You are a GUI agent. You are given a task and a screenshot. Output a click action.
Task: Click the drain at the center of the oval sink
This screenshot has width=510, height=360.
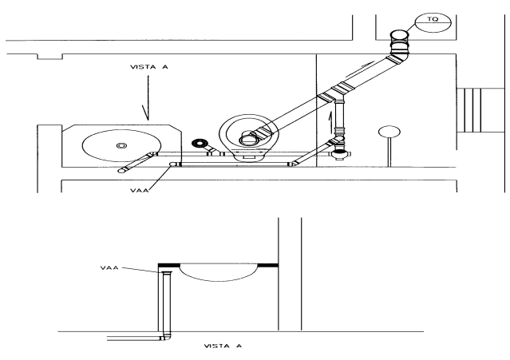pyautogui.click(x=121, y=145)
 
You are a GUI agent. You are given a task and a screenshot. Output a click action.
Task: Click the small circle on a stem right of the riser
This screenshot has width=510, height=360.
pyautogui.click(x=388, y=132)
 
